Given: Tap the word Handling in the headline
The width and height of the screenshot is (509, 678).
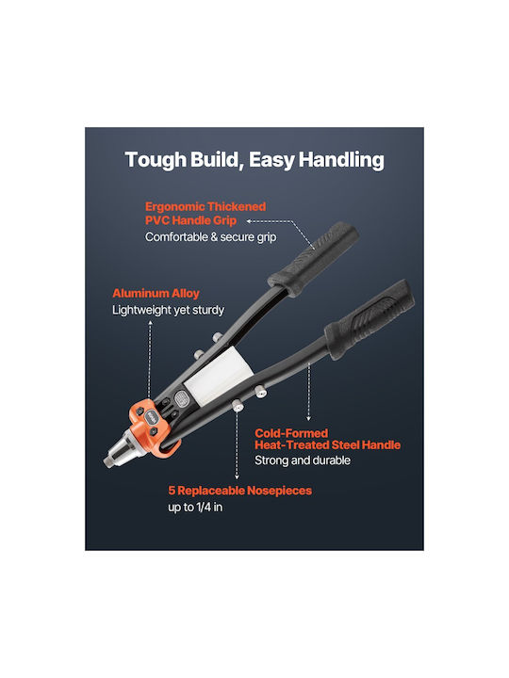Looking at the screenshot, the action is (x=341, y=159).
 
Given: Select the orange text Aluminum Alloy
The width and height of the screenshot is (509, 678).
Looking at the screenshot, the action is (x=156, y=293).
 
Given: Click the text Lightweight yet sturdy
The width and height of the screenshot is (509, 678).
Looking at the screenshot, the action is (x=168, y=310).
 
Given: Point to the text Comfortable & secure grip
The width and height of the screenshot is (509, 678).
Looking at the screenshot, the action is (x=211, y=237).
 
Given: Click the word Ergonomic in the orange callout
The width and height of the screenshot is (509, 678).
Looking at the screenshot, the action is (x=174, y=206).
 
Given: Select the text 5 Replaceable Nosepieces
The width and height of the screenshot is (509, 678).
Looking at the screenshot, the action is (x=239, y=491).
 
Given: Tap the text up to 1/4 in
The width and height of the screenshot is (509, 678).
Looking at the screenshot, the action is (x=195, y=507).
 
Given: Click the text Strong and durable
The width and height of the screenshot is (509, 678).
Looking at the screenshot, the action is (x=303, y=460).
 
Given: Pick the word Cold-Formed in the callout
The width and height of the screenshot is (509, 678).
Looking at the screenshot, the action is (x=291, y=433).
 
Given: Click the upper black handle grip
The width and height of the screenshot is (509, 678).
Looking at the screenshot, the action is (x=313, y=260).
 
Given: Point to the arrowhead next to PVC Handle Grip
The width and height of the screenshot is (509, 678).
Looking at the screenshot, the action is (x=249, y=221).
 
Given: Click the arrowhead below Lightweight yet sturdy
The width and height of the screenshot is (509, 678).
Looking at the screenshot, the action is (x=150, y=322).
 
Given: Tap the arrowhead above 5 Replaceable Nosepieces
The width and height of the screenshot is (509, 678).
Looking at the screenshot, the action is (x=237, y=476).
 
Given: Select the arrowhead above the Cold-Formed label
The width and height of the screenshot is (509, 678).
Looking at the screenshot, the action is (x=308, y=418).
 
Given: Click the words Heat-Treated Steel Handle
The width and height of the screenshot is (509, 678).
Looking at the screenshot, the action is (x=328, y=444).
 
